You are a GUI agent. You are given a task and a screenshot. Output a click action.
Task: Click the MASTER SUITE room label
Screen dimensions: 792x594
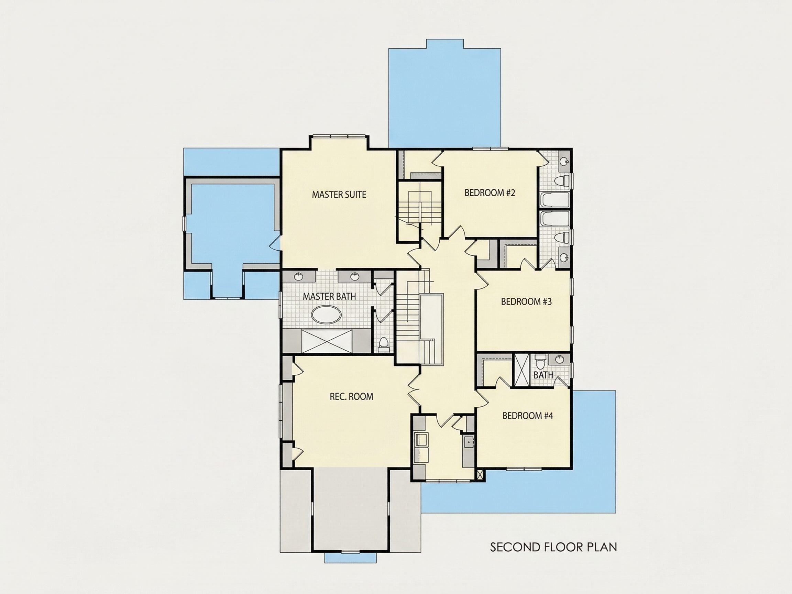tap(339, 195)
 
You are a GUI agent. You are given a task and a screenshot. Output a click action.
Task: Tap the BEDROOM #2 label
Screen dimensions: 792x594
tap(490, 192)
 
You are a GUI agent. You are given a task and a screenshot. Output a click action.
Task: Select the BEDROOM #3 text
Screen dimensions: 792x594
tap(526, 301)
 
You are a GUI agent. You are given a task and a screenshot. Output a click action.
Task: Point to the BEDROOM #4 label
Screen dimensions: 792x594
tap(528, 416)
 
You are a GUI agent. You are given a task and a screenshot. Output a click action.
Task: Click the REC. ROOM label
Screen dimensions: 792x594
tap(351, 396)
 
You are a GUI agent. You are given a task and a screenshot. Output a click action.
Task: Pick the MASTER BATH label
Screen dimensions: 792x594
tap(329, 296)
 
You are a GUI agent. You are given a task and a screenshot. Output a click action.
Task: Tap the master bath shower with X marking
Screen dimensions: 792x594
tap(327, 342)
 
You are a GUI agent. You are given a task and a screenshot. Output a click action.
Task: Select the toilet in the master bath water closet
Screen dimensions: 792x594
tap(384, 343)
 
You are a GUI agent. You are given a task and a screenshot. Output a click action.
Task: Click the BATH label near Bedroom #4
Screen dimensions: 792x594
tap(543, 375)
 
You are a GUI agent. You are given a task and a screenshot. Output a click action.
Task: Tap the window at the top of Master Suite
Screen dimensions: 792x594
tap(339, 136)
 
